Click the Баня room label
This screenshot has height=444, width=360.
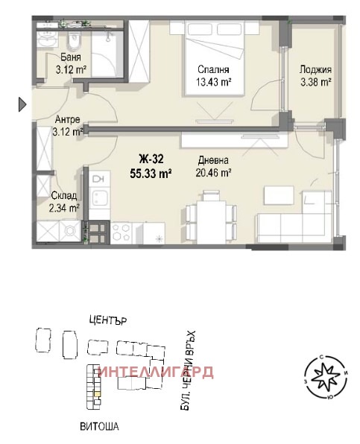pos(71,57)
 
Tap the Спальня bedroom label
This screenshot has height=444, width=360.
pos(213,69)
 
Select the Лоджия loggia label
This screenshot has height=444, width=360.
pos(315,69)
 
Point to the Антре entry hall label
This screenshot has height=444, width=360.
pos(67,119)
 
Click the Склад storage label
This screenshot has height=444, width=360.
pos(64,195)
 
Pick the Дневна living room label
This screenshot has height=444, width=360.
pos(213,160)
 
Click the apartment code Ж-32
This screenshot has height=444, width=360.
pos(151,159)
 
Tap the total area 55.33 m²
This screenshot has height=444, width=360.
pos(151,173)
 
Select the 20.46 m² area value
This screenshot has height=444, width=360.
pos(214,172)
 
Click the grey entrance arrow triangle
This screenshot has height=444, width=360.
pos(22,104)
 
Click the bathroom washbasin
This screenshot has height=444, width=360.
pos(48,39)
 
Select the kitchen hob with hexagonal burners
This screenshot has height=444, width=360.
pos(121,233)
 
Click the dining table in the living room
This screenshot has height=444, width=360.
pos(212,222)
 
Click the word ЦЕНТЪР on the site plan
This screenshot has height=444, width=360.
pos(108,320)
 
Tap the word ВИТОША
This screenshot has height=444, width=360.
pos(99,426)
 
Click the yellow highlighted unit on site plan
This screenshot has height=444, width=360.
pos(97,394)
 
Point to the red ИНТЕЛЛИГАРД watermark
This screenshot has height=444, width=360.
pos(156,372)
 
